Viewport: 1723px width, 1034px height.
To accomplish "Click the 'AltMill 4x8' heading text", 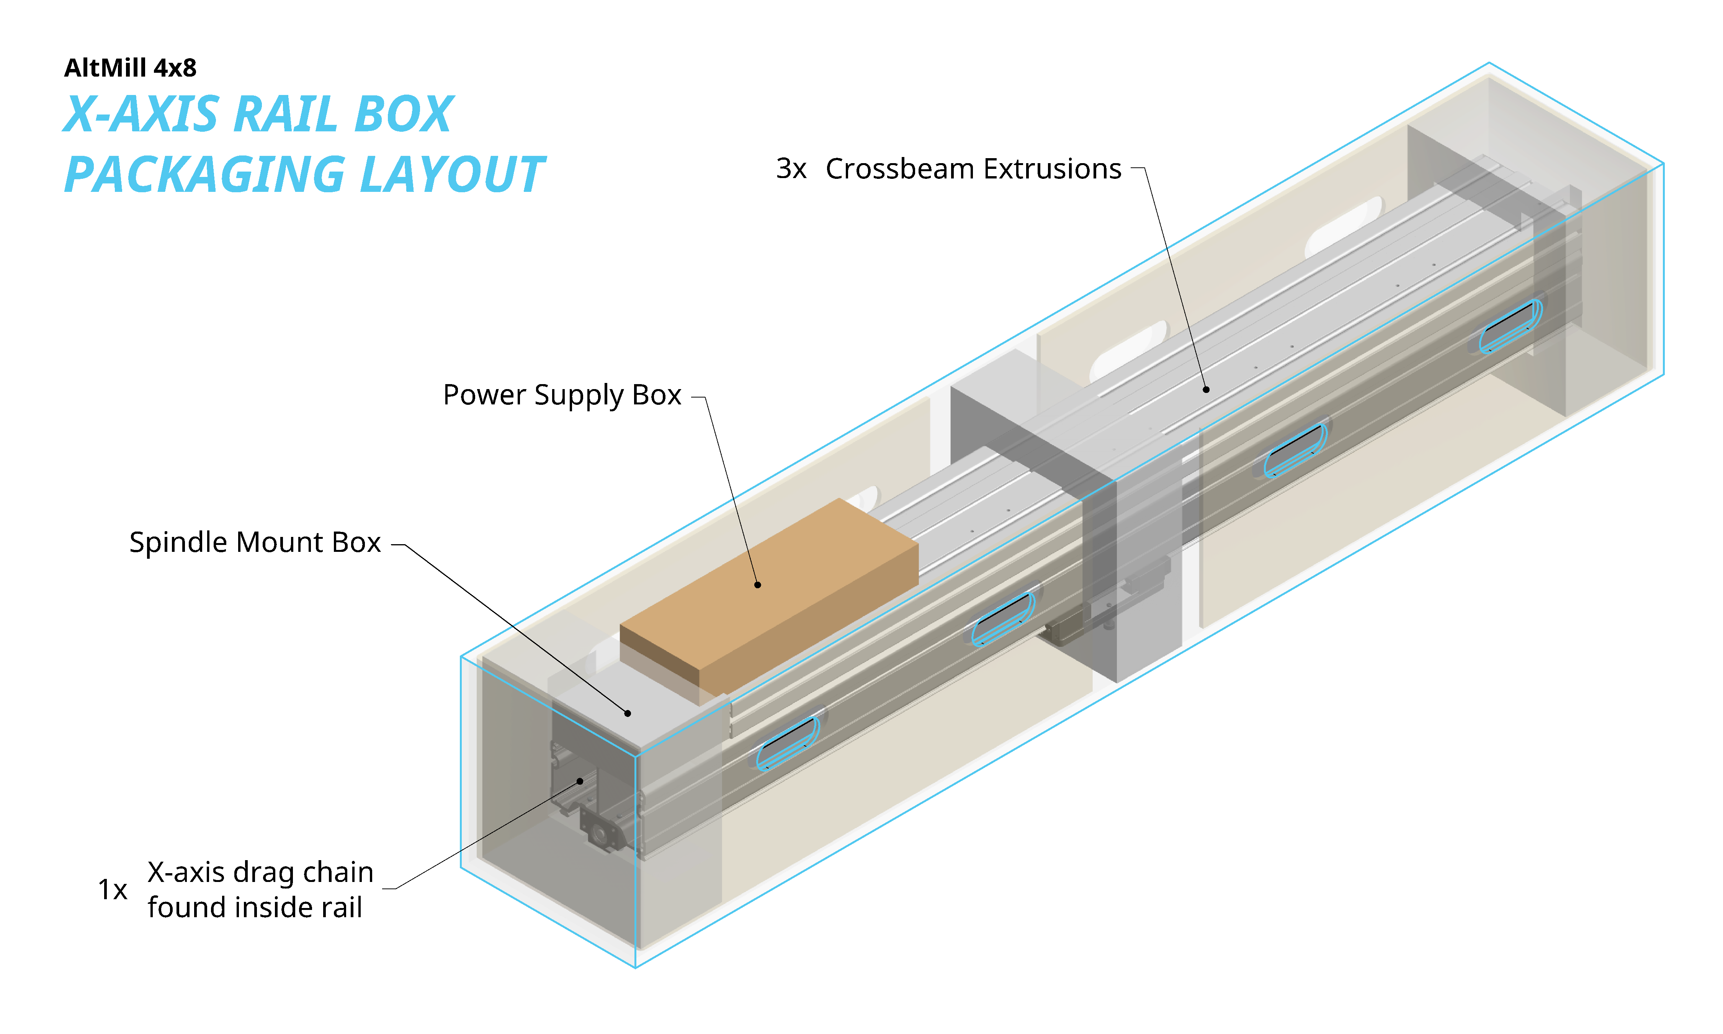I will click(x=130, y=68).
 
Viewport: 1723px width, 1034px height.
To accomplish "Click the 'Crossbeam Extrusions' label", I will click(x=973, y=169).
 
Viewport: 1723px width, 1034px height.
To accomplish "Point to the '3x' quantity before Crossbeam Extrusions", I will click(x=791, y=169).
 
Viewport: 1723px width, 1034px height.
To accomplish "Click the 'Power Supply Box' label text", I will click(x=561, y=395).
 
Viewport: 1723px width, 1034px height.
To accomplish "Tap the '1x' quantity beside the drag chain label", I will click(x=112, y=890).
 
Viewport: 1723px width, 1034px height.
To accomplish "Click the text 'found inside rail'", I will click(x=255, y=907).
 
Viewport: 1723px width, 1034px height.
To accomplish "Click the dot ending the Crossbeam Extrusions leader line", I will click(x=1206, y=389).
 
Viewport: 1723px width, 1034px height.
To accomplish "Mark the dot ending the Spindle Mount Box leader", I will click(x=628, y=713).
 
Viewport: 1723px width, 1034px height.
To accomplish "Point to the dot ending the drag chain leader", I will click(x=579, y=781).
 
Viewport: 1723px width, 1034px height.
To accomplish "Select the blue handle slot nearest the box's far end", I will click(x=1510, y=326).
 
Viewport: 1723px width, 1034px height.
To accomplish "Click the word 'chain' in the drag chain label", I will click(x=340, y=872).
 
